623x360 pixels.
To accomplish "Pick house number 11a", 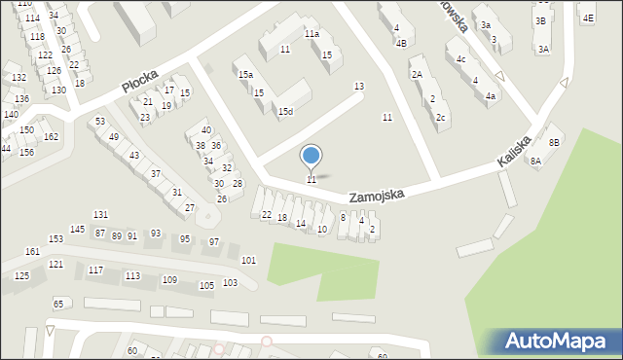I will click(311, 34).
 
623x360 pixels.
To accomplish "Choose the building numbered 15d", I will click(285, 112).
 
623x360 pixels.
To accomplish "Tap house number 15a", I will click(245, 74).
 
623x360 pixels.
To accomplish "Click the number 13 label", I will click(358, 87).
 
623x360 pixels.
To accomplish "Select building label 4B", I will click(401, 43).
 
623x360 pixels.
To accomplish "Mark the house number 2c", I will click(441, 118).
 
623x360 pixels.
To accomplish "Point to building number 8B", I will click(554, 142).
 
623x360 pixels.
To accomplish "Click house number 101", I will click(249, 260).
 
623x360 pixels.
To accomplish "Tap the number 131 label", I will click(100, 214).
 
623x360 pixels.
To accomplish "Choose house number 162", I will click(51, 136).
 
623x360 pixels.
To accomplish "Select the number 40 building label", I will click(205, 129).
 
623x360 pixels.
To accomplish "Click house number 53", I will click(100, 121).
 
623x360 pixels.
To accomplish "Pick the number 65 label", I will click(58, 305).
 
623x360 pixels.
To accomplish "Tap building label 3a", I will click(485, 26).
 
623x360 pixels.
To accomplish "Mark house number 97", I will click(214, 241).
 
